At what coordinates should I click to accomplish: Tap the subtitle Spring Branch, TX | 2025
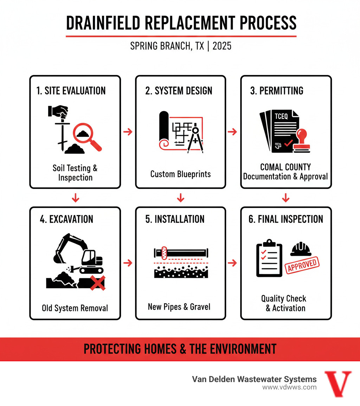pyautogui.click(x=181, y=46)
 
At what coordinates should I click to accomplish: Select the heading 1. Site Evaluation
pyautogui.click(x=71, y=91)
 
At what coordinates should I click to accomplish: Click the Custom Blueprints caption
pyautogui.click(x=180, y=174)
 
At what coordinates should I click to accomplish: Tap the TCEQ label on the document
pyautogui.click(x=281, y=116)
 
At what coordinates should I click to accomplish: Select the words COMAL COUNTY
pyautogui.click(x=285, y=167)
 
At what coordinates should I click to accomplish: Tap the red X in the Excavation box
pyautogui.click(x=98, y=283)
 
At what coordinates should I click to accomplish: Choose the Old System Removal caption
pyautogui.click(x=75, y=308)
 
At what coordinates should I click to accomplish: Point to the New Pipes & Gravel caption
pyautogui.click(x=179, y=307)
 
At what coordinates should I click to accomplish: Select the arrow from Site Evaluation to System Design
pyautogui.click(x=128, y=132)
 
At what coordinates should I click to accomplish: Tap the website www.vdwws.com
pyautogui.click(x=289, y=387)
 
